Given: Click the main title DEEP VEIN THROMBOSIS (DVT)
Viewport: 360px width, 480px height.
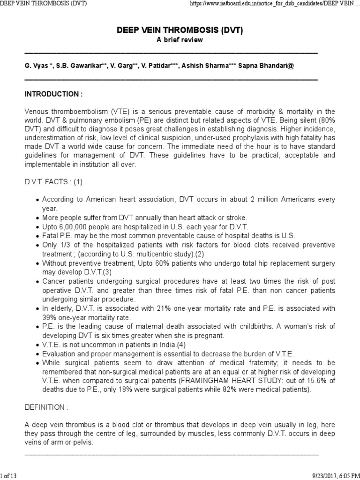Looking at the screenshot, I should click(180, 30).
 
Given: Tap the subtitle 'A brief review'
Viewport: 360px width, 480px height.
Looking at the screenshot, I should click(180, 40).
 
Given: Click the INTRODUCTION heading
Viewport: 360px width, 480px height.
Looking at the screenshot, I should click(53, 94).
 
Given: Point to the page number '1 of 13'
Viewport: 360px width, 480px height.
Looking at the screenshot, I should click(8, 476).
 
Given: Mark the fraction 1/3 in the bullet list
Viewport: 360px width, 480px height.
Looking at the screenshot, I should click(61, 245).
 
